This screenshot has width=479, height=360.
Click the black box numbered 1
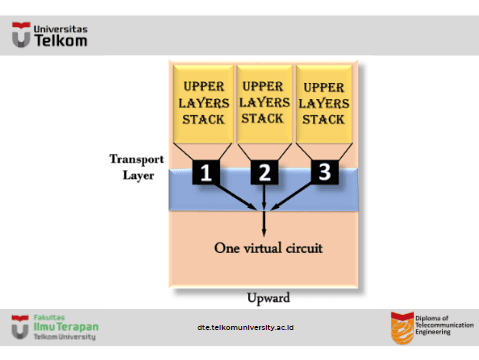[x=206, y=172]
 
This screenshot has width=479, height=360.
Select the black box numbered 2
[x=264, y=172]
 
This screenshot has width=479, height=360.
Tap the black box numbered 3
[x=325, y=172]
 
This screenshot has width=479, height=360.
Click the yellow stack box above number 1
[x=203, y=104]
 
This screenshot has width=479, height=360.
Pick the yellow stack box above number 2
[x=264, y=104]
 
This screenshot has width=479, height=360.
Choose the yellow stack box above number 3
[x=324, y=104]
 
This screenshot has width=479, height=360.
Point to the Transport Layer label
[x=137, y=167]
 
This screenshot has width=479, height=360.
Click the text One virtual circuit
[x=268, y=248]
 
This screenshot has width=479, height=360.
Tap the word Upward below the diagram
[x=268, y=298]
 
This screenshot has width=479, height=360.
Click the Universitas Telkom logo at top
[x=50, y=35]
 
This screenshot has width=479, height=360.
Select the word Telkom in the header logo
[x=61, y=41]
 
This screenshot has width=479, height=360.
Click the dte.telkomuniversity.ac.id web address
[x=245, y=328]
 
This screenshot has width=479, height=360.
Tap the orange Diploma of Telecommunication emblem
[x=402, y=328]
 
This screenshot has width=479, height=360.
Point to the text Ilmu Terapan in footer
[x=66, y=327]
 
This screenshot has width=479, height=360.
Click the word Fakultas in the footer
[x=49, y=317]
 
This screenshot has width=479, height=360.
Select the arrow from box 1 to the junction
[x=235, y=197]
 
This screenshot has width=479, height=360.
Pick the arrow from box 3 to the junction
[x=291, y=197]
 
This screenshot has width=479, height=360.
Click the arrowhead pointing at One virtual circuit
[x=264, y=232]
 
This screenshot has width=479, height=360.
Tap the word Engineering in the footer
[x=433, y=332]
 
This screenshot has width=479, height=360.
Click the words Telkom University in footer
[x=65, y=337]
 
